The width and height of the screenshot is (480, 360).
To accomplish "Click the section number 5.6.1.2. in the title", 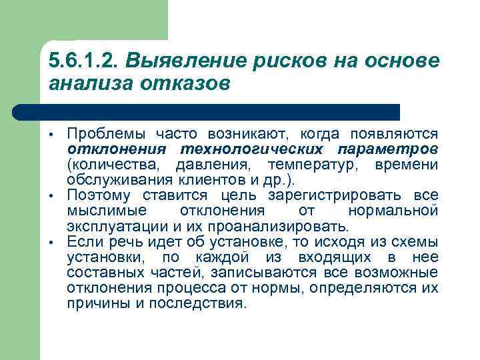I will click(x=82, y=61).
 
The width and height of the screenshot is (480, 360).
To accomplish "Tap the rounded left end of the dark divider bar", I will click(x=20, y=112).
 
